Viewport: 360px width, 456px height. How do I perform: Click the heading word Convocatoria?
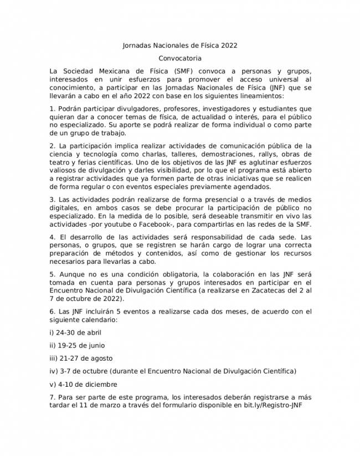[179, 58]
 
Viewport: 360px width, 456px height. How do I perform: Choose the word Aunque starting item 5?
[70, 274]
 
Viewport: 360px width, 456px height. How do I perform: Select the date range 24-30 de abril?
[75, 333]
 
